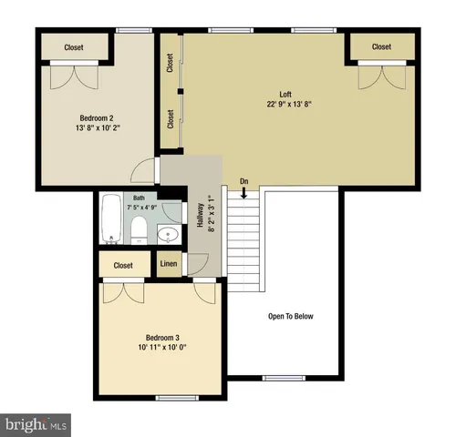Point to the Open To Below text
coord(290,316)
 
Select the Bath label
coord(139,197)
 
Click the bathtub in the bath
coord(112,219)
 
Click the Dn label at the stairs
coord(244,182)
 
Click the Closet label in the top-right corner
coord(380,46)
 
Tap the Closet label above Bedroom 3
coord(123,265)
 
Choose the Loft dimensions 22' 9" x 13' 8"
coord(290,105)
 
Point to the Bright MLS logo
coord(36,424)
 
